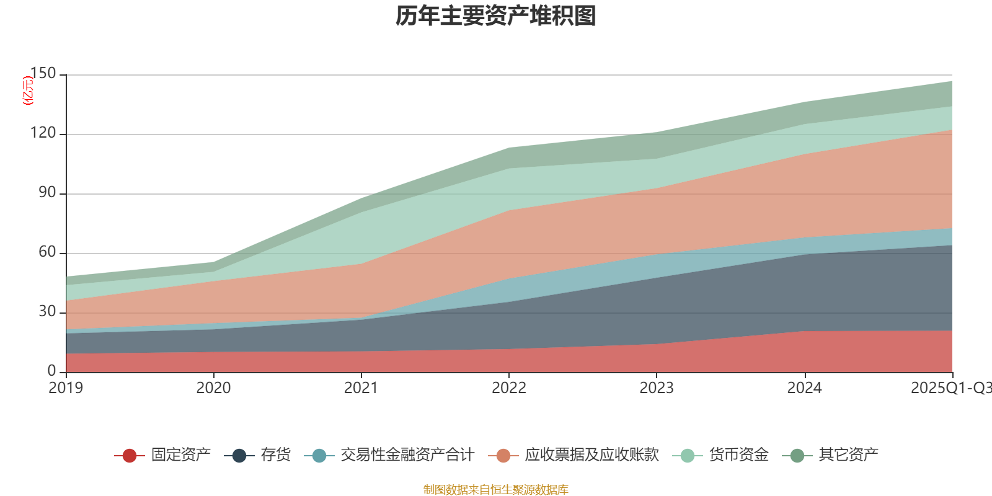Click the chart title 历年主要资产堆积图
tap(496, 17)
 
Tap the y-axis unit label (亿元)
tap(28, 91)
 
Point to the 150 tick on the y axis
tap(43, 74)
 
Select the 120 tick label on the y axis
tap(43, 133)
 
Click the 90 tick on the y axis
tap(47, 193)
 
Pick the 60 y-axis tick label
tap(47, 252)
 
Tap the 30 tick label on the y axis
tap(47, 312)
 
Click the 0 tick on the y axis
tap(51, 371)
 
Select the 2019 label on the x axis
tap(66, 388)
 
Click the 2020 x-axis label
tap(213, 388)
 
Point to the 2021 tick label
tap(361, 388)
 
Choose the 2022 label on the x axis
tap(508, 388)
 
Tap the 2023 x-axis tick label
tap(657, 388)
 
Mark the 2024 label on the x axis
tap(804, 388)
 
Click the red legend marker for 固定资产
tap(130, 456)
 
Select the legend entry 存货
tap(275, 455)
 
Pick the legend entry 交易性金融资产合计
tap(407, 455)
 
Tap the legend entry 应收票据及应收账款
tap(591, 455)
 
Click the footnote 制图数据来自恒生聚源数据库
tap(496, 490)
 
